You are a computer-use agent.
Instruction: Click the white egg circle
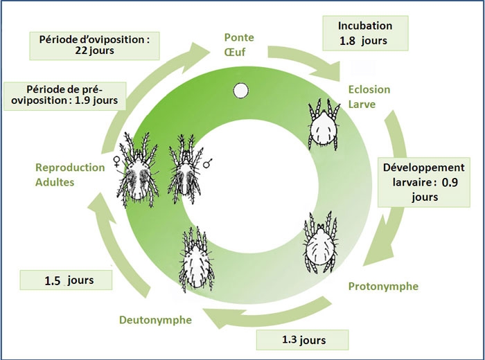pos(240,90)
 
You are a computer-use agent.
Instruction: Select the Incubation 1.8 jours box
pos(363,33)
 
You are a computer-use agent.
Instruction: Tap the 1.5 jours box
pos(67,280)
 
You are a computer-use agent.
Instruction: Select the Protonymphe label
pos(383,286)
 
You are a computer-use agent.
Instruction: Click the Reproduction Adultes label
pos(70,174)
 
